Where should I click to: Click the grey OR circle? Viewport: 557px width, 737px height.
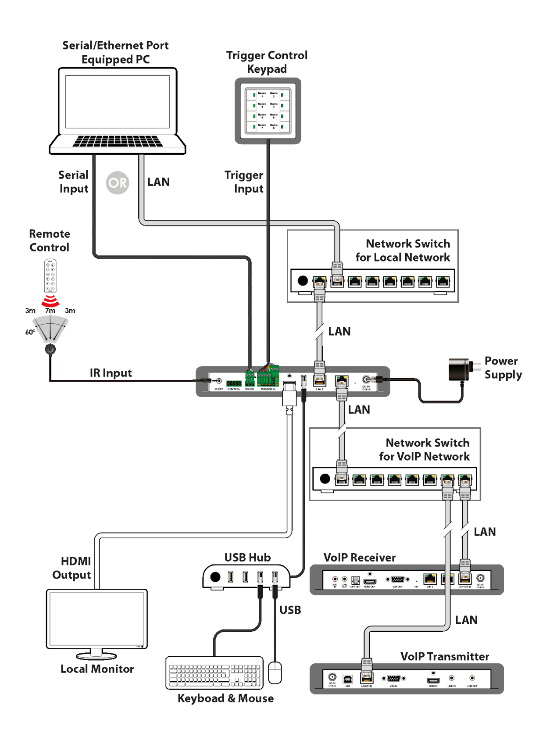(118, 182)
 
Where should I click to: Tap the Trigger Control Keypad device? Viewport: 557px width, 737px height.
(268, 111)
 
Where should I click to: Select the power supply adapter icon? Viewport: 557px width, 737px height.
(459, 370)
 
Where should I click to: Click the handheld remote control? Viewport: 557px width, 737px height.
(51, 275)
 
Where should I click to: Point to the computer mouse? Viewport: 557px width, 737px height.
(275, 672)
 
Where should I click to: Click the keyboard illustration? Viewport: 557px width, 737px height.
(214, 673)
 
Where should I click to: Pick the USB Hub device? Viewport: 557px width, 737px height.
(246, 577)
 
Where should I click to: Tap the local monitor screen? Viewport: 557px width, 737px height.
(97, 619)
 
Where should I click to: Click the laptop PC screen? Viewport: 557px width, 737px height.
(118, 102)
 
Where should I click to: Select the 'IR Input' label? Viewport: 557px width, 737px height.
(111, 373)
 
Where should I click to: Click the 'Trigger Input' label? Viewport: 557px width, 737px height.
(244, 182)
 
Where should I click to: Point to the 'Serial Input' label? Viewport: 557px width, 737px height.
(74, 182)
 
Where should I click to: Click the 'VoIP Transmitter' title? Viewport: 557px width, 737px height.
(445, 656)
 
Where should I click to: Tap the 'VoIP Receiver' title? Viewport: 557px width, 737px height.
(359, 558)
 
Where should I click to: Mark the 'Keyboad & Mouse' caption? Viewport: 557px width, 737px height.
(225, 698)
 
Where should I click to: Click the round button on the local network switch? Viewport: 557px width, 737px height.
(302, 280)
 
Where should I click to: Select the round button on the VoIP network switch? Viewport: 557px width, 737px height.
(325, 479)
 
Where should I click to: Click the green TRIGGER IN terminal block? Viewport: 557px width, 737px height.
(268, 378)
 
